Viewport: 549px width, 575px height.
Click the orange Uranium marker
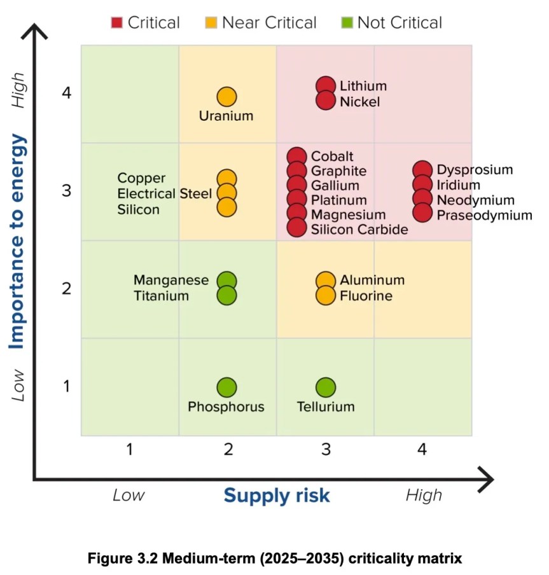point(226,97)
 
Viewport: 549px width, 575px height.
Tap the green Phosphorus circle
point(226,387)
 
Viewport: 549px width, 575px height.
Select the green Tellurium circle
point(326,387)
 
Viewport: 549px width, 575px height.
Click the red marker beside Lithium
point(326,86)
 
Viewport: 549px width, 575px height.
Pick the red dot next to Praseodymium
point(422,212)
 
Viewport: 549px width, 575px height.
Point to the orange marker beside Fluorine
point(326,295)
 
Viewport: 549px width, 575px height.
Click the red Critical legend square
point(116,23)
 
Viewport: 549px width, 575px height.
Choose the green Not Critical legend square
point(347,23)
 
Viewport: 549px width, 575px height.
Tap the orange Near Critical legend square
point(211,23)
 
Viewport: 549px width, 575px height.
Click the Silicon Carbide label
point(359,230)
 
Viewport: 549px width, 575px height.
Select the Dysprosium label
point(475,170)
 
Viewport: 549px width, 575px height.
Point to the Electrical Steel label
point(165,193)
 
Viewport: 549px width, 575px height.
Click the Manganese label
point(171,280)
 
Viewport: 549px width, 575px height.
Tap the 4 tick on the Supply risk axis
point(422,449)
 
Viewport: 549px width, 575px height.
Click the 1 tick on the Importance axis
point(66,386)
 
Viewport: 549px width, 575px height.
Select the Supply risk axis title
point(277,495)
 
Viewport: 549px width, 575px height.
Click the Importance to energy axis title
point(17,241)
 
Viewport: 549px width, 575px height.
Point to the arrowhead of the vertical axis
point(34,30)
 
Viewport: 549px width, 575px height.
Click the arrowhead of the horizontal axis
point(486,480)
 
